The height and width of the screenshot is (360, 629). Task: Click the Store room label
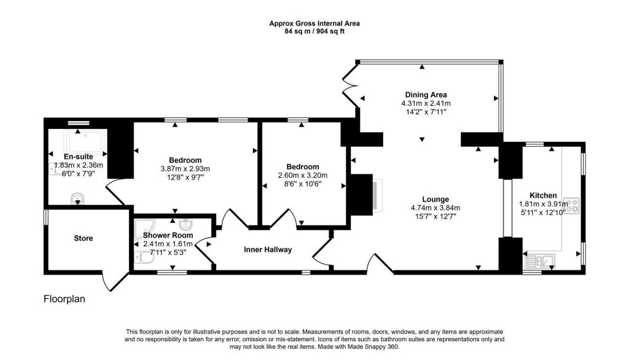click(x=84, y=238)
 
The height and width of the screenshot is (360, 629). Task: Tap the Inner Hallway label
click(x=268, y=249)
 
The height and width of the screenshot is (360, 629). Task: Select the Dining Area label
click(x=426, y=95)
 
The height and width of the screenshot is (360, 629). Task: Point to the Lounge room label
click(x=435, y=199)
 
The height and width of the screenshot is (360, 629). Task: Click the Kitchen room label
click(x=542, y=195)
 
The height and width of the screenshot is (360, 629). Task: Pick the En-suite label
click(x=69, y=156)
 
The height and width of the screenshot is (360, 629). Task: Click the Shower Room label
click(x=168, y=235)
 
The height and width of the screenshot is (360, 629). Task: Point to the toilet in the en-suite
click(x=77, y=198)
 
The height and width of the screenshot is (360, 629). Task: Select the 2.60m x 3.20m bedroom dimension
click(x=303, y=175)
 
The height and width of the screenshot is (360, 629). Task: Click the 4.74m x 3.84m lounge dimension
click(x=435, y=208)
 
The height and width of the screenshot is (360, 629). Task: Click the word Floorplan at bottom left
click(x=64, y=300)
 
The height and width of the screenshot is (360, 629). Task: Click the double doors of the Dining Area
click(x=350, y=86)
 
